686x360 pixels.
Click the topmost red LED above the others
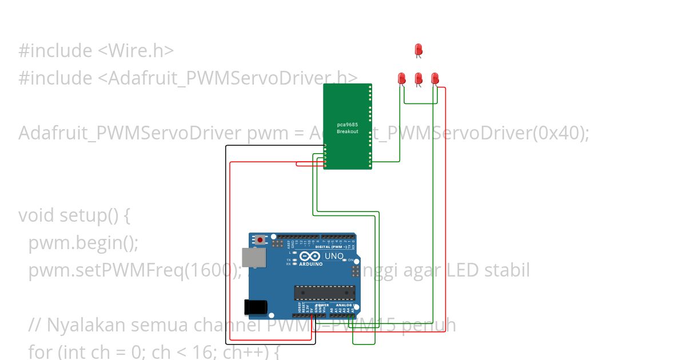[x=418, y=49]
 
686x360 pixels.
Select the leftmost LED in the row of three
[x=402, y=78]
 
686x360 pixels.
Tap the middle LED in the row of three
[x=418, y=78]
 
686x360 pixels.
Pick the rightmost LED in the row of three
[x=435, y=78]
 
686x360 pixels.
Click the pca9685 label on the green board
[x=347, y=124]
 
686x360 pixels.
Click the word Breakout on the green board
[x=347, y=131]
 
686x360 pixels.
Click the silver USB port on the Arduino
[x=253, y=258]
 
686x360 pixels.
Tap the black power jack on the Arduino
[x=255, y=307]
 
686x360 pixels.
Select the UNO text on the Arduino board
[x=334, y=257]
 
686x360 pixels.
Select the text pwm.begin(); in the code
[x=83, y=243]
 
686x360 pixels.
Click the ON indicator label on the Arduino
[x=351, y=260]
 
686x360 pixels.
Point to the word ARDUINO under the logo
[x=309, y=265]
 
